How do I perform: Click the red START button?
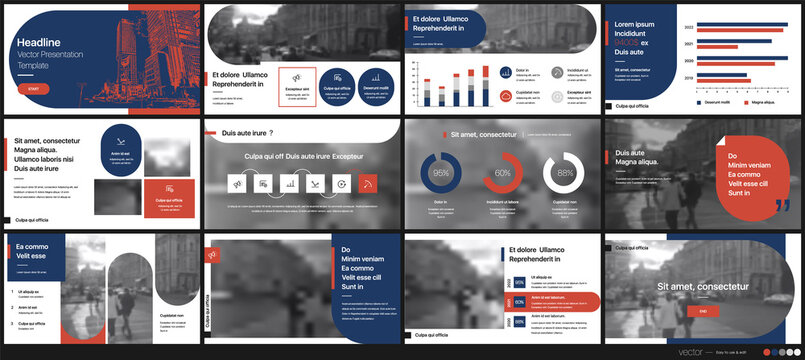point(34,89)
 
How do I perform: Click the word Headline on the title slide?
point(39,42)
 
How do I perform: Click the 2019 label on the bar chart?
point(687,77)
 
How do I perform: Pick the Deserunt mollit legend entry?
point(718,102)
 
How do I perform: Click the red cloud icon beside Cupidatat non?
point(506,95)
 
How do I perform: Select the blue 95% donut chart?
point(440,173)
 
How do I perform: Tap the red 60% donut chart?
point(503,173)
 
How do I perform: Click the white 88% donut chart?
point(565,173)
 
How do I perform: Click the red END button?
point(702,313)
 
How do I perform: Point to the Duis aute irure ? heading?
point(247,133)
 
